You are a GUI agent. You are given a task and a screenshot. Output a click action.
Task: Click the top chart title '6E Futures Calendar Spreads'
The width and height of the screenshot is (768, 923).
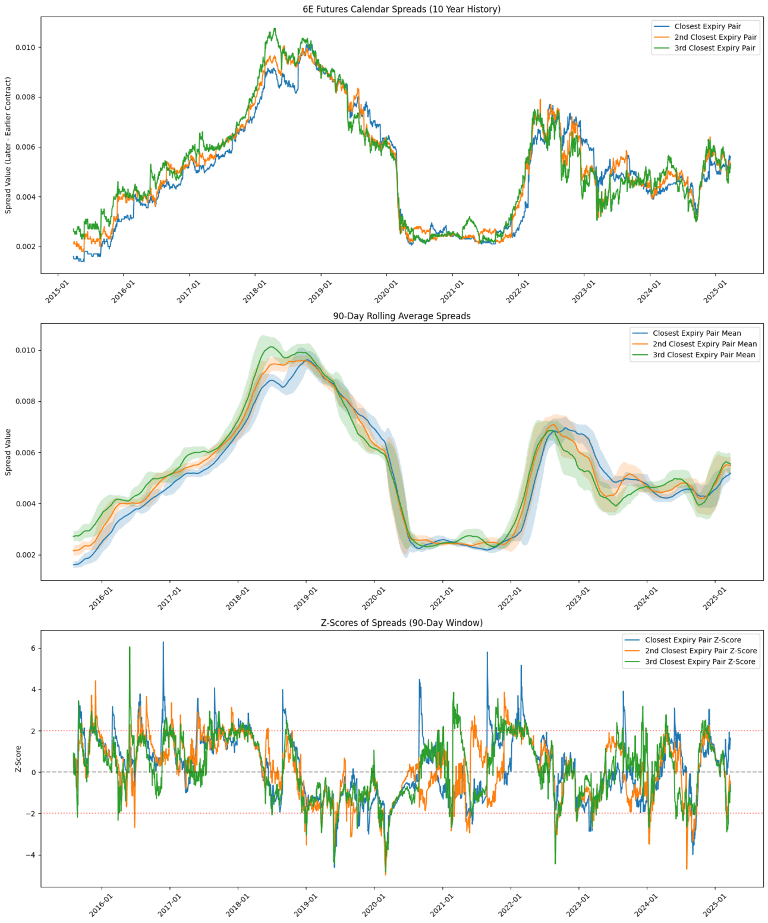click(x=401, y=9)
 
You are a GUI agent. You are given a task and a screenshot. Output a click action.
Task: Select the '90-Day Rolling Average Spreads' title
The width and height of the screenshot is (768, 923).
click(x=401, y=316)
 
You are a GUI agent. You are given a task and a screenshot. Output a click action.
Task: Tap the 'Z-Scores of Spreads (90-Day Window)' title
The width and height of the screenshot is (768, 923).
click(x=401, y=623)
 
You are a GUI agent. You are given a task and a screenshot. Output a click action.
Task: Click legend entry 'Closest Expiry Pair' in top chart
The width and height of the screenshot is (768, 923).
click(x=707, y=26)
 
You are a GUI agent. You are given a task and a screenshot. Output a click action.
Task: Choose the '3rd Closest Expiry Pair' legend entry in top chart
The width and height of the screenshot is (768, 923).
click(x=715, y=48)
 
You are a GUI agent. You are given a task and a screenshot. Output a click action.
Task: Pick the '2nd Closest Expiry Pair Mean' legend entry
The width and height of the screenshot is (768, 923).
click(x=704, y=344)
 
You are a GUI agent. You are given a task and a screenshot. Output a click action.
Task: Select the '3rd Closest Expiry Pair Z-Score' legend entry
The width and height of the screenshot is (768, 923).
click(x=700, y=661)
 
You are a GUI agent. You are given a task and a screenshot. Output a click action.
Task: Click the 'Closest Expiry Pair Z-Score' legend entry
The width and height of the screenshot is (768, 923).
click(x=693, y=640)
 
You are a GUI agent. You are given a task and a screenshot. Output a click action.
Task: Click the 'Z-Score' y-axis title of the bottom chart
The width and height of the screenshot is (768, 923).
click(x=18, y=759)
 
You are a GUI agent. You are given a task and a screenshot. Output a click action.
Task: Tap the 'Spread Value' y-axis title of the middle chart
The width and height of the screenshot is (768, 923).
click(x=8, y=452)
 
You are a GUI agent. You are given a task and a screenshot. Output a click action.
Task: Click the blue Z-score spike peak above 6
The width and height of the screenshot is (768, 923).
click(x=163, y=642)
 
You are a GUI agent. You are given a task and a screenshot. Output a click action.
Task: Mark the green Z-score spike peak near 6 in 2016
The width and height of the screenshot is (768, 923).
click(x=130, y=647)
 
